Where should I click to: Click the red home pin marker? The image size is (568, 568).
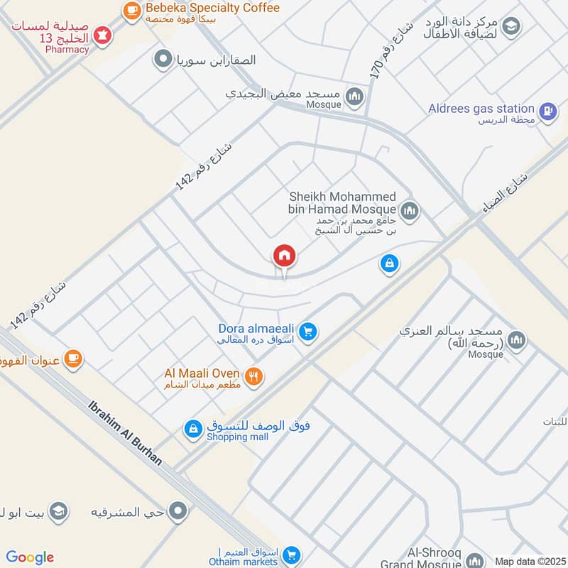click(285, 256)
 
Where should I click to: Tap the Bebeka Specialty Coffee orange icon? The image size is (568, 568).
click(131, 9)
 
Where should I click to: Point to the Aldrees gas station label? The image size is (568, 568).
click(481, 109)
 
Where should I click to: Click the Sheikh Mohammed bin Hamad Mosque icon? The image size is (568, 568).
click(409, 210)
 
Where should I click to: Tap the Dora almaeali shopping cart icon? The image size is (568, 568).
click(308, 331)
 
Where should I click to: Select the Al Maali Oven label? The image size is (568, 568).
click(202, 373)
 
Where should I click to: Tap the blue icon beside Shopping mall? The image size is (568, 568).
click(192, 429)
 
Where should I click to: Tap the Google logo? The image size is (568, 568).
click(30, 557)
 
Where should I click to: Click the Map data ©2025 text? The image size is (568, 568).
click(529, 561)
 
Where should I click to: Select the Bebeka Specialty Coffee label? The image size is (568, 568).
click(212, 9)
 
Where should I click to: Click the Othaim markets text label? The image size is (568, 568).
click(244, 562)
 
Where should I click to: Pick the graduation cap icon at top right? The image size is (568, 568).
click(510, 27)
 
